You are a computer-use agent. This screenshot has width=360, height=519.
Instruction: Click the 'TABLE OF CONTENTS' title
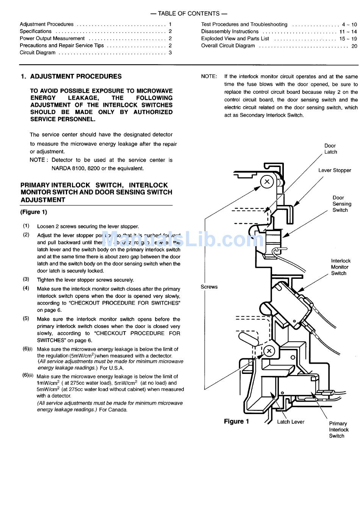click(189, 14)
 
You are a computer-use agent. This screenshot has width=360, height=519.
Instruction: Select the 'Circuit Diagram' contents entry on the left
click(38, 53)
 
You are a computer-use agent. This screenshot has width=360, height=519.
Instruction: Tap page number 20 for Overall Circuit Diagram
click(354, 46)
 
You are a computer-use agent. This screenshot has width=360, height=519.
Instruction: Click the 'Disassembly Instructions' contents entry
click(230, 31)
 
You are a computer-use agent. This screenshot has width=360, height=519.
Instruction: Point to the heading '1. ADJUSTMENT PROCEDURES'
click(71, 76)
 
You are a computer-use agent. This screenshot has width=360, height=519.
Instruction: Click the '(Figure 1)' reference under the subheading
click(34, 212)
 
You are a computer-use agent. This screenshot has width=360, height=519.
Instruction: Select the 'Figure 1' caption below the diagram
click(236, 421)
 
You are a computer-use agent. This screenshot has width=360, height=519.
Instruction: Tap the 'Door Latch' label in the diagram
click(330, 149)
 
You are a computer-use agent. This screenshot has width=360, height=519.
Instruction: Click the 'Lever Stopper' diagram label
click(335, 170)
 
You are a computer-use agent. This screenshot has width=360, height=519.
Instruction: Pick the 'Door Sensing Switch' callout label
click(341, 204)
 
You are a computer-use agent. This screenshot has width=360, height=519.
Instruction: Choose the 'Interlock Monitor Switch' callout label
click(340, 267)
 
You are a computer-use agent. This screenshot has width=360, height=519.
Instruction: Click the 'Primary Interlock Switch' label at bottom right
click(338, 430)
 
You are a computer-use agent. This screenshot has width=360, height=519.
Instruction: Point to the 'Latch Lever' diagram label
click(291, 422)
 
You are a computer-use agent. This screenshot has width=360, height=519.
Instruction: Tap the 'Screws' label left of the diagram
click(209, 287)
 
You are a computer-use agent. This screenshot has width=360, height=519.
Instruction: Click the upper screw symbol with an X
click(267, 181)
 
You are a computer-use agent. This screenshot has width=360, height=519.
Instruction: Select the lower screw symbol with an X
click(269, 351)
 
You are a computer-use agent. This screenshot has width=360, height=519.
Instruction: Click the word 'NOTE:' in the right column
click(209, 77)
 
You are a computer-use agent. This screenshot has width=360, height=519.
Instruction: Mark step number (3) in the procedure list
click(26, 280)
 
